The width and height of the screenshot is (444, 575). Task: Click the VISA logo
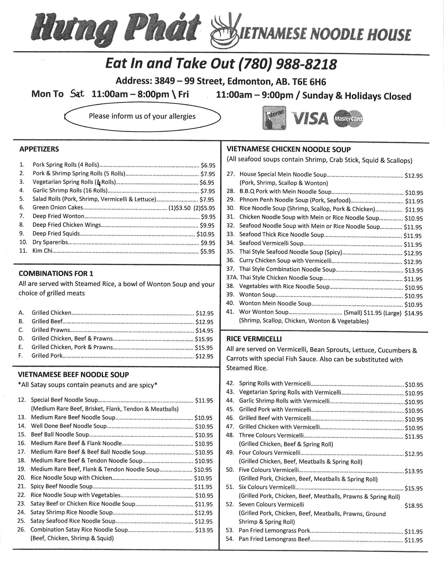(x=310, y=118)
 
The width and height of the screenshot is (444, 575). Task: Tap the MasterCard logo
(x=348, y=118)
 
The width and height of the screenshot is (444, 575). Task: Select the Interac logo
(x=274, y=118)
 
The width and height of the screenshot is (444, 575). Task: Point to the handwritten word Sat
(x=77, y=94)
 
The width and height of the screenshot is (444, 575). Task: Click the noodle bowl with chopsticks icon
(x=226, y=31)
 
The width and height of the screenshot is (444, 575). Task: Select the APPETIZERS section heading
(x=39, y=149)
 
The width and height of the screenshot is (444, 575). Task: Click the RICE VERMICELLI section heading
(x=254, y=338)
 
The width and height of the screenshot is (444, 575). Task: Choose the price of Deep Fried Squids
(x=206, y=234)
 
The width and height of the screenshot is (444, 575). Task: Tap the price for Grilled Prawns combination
(x=204, y=330)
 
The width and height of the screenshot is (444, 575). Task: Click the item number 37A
(x=232, y=278)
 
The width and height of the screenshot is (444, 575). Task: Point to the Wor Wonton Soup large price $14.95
(x=413, y=313)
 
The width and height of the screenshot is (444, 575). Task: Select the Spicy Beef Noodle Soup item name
(x=62, y=486)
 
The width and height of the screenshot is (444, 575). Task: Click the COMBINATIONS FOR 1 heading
(x=56, y=274)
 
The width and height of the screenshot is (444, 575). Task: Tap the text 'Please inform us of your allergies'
(x=142, y=116)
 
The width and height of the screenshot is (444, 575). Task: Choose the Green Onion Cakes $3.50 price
(x=183, y=208)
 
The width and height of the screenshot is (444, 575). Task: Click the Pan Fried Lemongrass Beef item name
(x=274, y=539)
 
